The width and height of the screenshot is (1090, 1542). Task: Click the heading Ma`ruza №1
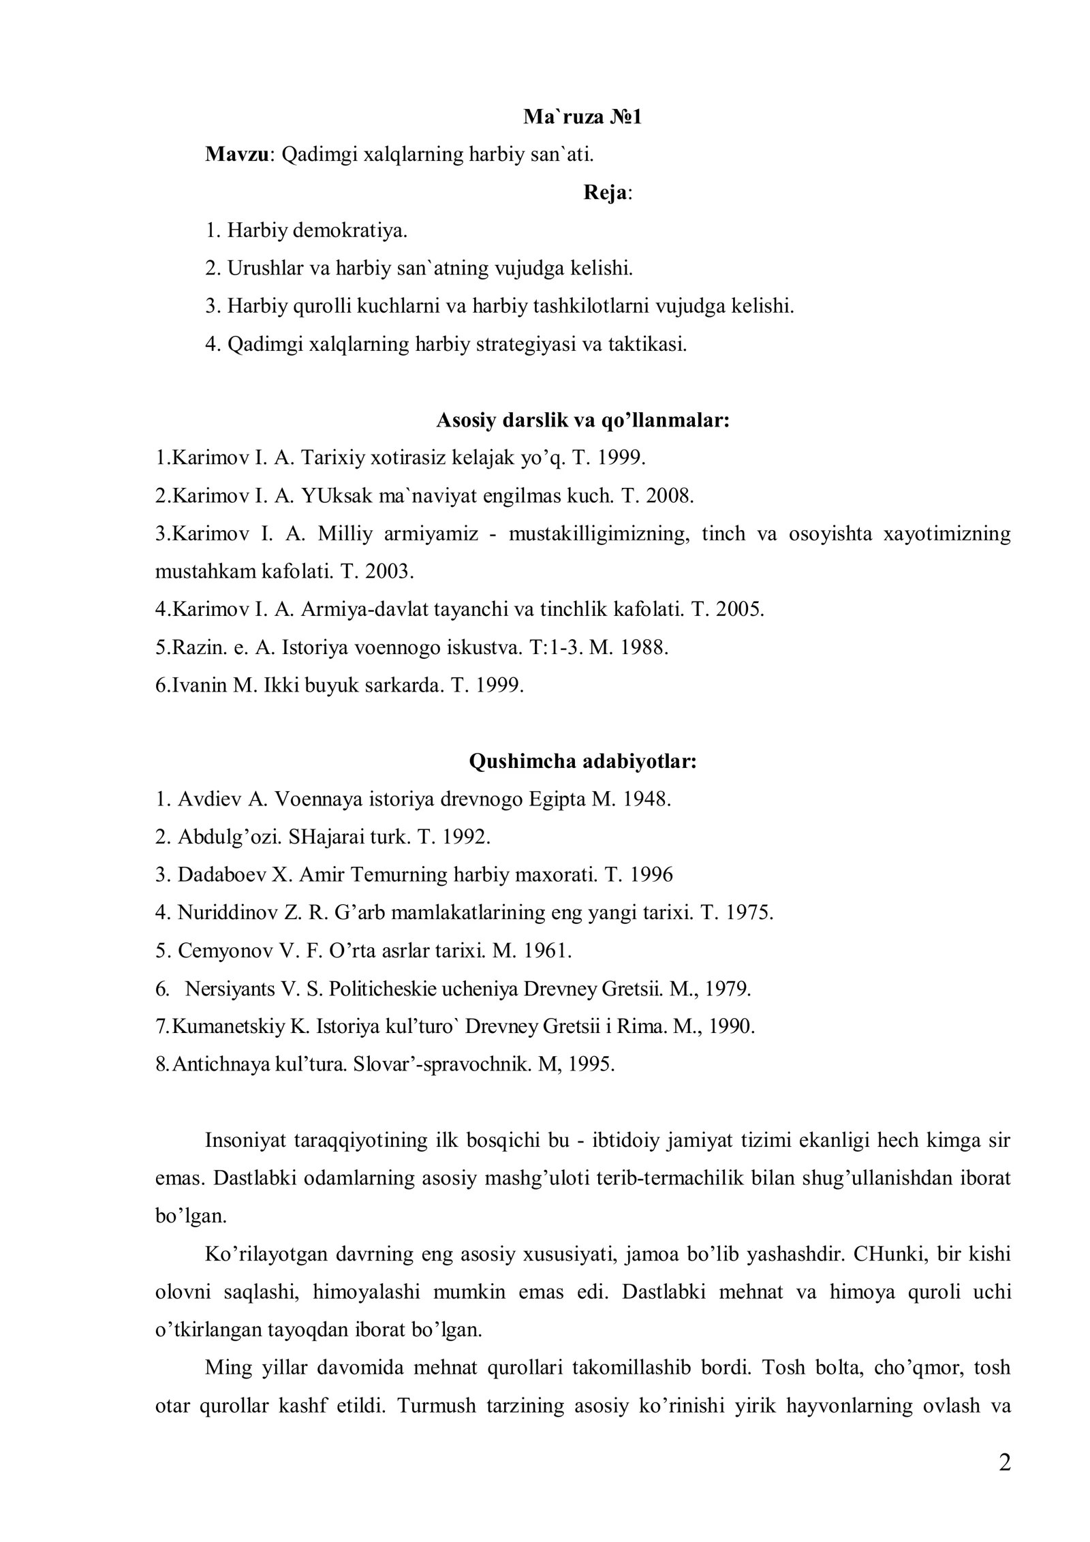pos(582,117)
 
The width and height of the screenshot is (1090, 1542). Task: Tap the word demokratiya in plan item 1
pos(349,230)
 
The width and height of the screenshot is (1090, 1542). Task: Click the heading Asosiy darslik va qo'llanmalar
pos(582,420)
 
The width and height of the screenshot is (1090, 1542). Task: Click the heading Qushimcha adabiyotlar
pos(582,760)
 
